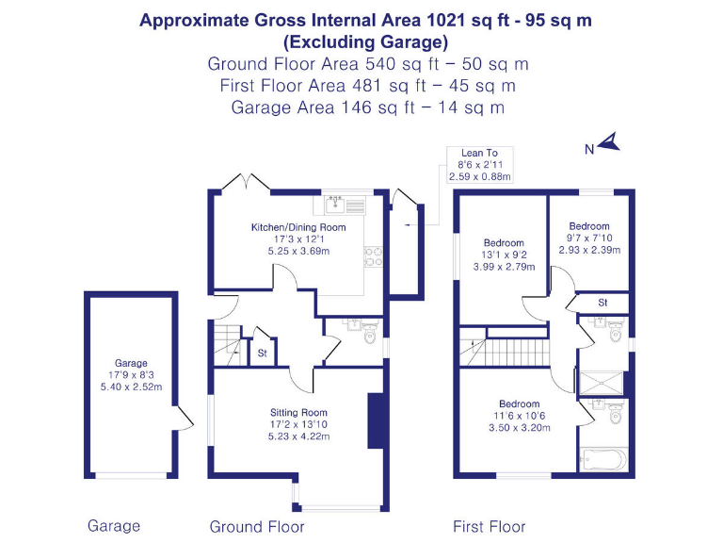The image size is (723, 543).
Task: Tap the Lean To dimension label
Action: (x=479, y=164)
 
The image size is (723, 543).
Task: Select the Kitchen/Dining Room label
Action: (x=297, y=227)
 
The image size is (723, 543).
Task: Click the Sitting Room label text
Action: (x=297, y=412)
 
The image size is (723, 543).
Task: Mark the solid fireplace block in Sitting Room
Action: (x=375, y=416)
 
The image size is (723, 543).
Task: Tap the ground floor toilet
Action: (x=368, y=334)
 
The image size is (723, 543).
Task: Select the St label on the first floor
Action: (x=602, y=303)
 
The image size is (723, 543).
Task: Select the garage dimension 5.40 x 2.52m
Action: (x=132, y=387)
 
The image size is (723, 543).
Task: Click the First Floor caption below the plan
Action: (x=489, y=527)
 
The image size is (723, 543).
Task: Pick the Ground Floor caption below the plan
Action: (x=257, y=527)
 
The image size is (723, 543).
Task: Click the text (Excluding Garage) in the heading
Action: (x=365, y=42)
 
